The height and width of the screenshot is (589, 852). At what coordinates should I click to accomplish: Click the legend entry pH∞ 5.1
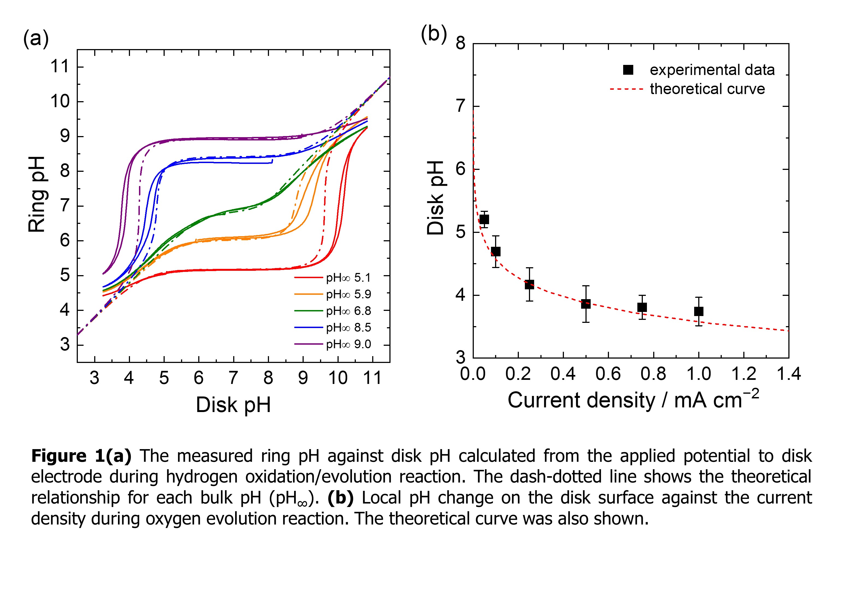(348, 278)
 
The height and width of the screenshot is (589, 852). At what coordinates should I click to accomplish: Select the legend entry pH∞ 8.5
(348, 327)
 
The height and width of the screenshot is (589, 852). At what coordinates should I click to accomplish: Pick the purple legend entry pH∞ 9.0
(348, 344)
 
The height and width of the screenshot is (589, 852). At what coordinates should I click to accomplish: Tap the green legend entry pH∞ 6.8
(348, 311)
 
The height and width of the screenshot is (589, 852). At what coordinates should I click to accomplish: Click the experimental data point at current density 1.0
(698, 311)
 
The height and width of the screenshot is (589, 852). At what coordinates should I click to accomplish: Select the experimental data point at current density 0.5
(585, 304)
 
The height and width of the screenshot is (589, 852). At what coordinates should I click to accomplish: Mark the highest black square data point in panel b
(484, 220)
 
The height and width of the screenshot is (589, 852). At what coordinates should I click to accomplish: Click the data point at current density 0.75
(642, 307)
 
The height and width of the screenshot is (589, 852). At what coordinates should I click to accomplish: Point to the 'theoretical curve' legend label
(707, 89)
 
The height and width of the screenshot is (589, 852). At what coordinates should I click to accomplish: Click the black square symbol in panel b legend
(628, 70)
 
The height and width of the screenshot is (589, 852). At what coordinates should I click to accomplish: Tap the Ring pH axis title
(37, 194)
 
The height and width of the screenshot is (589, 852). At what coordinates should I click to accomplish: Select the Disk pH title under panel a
(233, 405)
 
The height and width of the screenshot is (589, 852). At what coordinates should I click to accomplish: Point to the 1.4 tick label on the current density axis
(788, 374)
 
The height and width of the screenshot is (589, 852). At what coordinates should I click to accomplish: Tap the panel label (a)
(35, 38)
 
